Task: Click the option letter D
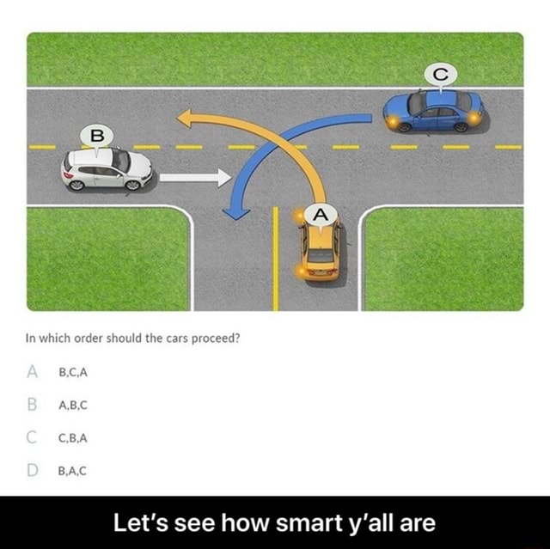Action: click(x=34, y=470)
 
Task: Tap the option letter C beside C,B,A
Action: click(x=34, y=437)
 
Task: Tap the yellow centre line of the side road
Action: click(x=275, y=258)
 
